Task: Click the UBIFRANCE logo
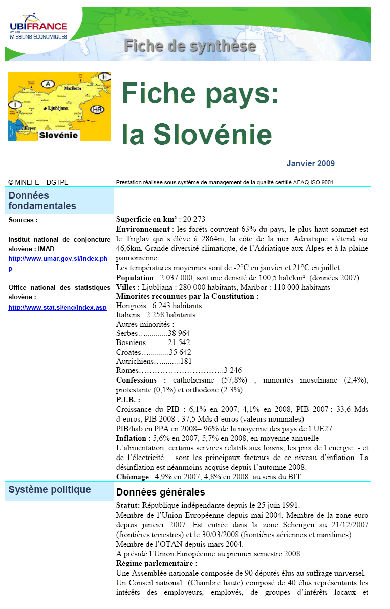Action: tap(38, 29)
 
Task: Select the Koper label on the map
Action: tap(29, 128)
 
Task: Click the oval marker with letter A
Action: tap(49, 83)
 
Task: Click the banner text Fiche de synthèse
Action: tap(190, 46)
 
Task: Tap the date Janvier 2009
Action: tap(310, 163)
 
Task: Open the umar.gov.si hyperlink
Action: tap(58, 263)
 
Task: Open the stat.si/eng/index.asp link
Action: tap(57, 307)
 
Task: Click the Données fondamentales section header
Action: tap(42, 201)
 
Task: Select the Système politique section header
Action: tap(50, 489)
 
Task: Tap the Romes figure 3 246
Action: tap(233, 370)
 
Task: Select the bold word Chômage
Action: tap(133, 476)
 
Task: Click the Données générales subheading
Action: tap(160, 492)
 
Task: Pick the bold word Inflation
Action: tap(133, 438)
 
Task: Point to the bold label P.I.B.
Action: tap(128, 399)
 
